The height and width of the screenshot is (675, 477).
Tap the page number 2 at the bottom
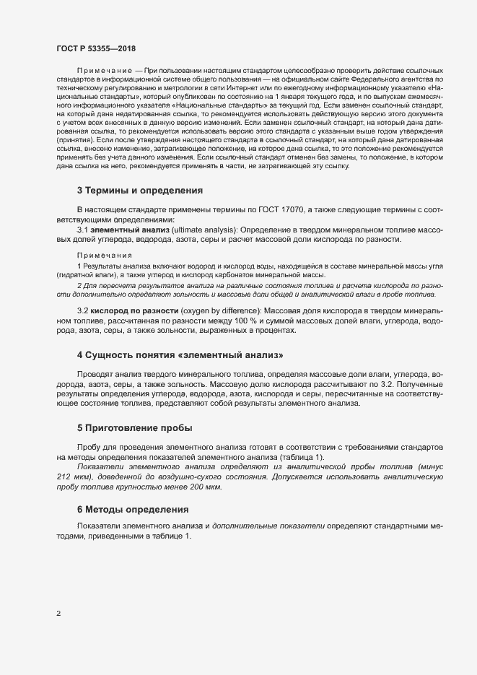click(x=58, y=614)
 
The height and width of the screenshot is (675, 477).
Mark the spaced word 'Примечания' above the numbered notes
click(x=104, y=255)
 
